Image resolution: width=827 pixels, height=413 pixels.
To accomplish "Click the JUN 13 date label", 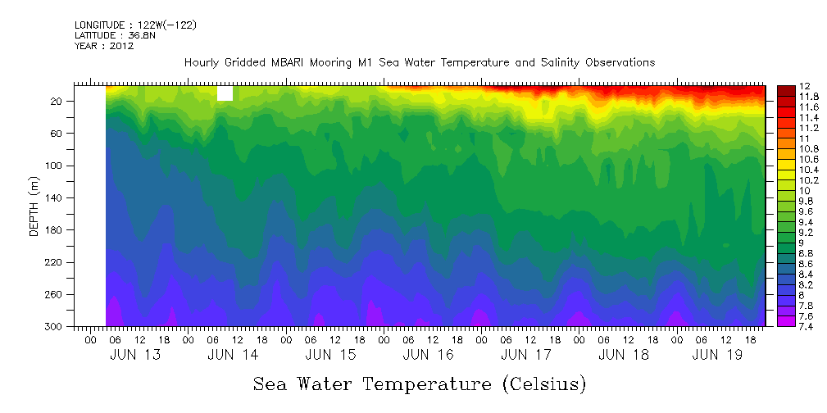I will (135, 355).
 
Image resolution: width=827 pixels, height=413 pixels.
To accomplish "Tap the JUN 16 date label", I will (429, 355).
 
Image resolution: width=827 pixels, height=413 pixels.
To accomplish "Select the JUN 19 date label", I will (717, 355).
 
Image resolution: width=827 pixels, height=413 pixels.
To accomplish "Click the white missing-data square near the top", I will (225, 94).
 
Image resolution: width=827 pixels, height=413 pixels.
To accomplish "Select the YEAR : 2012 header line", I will (104, 46).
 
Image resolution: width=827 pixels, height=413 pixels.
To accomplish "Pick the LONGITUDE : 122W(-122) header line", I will (135, 25).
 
